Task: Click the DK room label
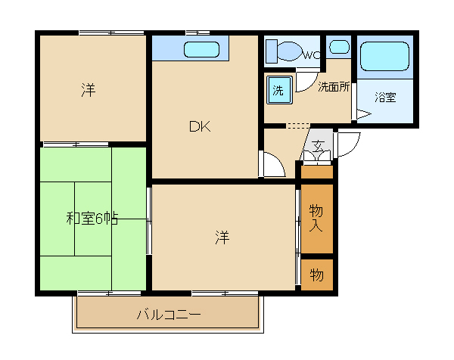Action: click(200, 126)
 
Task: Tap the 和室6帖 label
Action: click(92, 219)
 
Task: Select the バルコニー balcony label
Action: click(169, 315)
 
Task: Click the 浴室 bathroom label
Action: click(385, 98)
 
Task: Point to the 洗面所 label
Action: click(334, 87)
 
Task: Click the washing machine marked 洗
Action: click(279, 90)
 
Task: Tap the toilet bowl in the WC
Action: click(290, 51)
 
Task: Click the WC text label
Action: click(312, 54)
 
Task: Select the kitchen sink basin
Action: click(201, 49)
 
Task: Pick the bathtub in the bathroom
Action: click(385, 57)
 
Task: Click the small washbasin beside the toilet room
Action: click(339, 47)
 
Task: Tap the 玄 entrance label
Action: click(318, 144)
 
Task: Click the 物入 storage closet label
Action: click(316, 218)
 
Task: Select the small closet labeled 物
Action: click(317, 275)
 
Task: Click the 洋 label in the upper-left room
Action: click(89, 90)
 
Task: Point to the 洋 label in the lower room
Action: click(222, 237)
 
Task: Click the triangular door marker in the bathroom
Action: click(364, 113)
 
